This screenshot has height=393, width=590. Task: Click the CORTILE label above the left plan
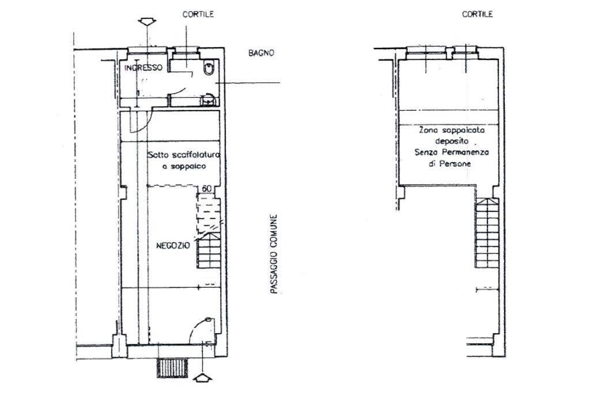pyautogui.click(x=198, y=14)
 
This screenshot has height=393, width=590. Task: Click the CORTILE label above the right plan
pyautogui.click(x=478, y=14)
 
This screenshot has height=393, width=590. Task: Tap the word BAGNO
pyautogui.click(x=261, y=53)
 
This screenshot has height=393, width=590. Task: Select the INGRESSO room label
pyautogui.click(x=143, y=68)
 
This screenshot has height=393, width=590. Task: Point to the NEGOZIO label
pyautogui.click(x=173, y=246)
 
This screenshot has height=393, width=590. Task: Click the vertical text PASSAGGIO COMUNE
pyautogui.click(x=274, y=254)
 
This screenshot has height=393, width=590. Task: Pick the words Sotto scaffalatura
pyautogui.click(x=184, y=154)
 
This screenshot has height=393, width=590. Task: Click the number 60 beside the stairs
pyautogui.click(x=207, y=188)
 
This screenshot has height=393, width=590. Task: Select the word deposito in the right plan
pyautogui.click(x=452, y=141)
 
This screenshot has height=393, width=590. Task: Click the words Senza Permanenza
pyautogui.click(x=452, y=153)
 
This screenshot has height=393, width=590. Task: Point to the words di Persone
pyautogui.click(x=449, y=164)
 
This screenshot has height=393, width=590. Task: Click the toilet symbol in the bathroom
pyautogui.click(x=209, y=67)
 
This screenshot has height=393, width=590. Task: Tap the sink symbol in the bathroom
pyautogui.click(x=207, y=100)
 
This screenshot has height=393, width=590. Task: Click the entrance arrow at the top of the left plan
pyautogui.click(x=147, y=22)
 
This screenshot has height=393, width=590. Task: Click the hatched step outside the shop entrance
pyautogui.click(x=172, y=368)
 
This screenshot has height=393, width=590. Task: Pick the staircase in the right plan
pyautogui.click(x=487, y=233)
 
